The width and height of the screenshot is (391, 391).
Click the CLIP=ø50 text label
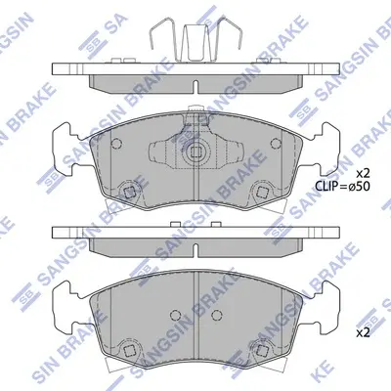click(x=342, y=186)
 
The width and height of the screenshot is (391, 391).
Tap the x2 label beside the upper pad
click(x=363, y=172)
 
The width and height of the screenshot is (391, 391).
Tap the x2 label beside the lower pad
click(x=363, y=332)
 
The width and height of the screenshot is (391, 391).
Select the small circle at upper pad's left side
click(x=116, y=143)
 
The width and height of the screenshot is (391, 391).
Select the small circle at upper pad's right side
click(x=276, y=143)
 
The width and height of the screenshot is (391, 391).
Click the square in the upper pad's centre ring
click(x=195, y=152)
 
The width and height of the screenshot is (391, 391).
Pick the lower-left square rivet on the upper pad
click(x=129, y=193)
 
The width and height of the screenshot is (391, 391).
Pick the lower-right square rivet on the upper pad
click(x=262, y=193)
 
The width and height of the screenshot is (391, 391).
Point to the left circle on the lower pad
click(x=176, y=315)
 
